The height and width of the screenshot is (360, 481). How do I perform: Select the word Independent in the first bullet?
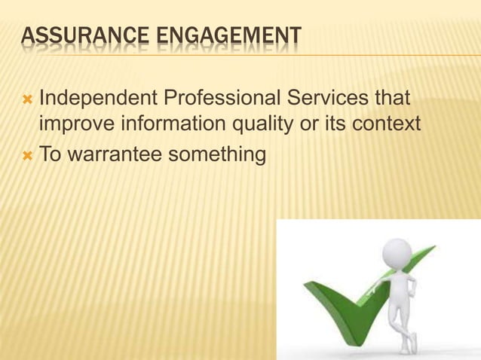[94, 99]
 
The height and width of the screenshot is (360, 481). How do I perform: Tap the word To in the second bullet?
[51, 154]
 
